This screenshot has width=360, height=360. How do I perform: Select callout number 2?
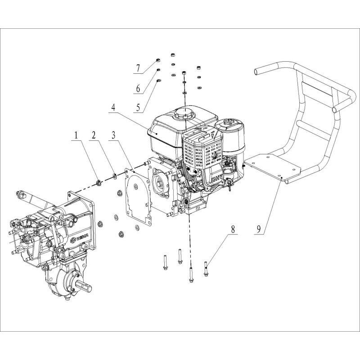point(94,135)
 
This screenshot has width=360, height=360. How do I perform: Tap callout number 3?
point(114,135)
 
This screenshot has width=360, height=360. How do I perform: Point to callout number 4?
point(113,108)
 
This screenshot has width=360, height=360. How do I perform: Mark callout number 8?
point(233,229)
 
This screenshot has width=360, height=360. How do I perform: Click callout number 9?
point(259,229)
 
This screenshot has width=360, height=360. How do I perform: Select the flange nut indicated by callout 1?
point(98,182)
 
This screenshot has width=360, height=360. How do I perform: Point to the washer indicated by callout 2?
point(115,175)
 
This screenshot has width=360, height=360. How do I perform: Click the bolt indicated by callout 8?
point(206,269)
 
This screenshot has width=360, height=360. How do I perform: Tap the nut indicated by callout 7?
point(158,60)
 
